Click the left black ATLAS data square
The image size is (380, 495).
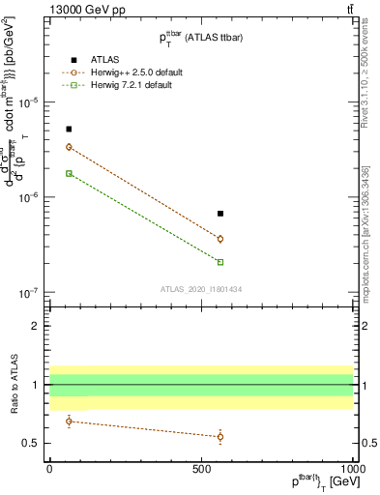[69, 129]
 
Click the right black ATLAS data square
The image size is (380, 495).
[220, 214]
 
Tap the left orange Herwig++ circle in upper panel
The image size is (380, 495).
[69, 147]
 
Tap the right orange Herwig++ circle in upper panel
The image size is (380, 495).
[220, 239]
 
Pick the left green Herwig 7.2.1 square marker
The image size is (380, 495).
[69, 173]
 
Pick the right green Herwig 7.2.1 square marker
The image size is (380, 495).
[220, 262]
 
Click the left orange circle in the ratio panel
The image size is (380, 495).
[69, 421]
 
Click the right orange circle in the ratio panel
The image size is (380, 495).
[220, 436]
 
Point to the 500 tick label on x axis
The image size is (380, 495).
[201, 469]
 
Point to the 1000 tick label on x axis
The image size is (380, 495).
[352, 469]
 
